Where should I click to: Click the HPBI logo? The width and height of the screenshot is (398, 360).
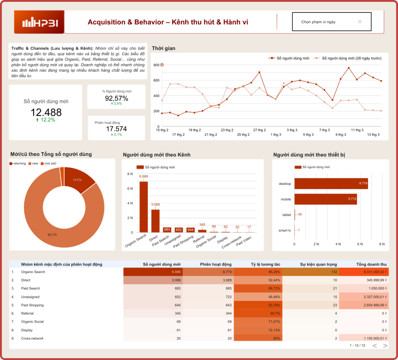(39, 23)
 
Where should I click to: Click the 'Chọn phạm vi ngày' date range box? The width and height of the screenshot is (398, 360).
(332, 22)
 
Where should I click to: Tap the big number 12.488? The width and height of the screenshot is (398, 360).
(46, 113)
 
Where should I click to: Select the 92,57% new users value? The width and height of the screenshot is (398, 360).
(116, 98)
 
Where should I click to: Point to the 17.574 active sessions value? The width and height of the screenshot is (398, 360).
(116, 129)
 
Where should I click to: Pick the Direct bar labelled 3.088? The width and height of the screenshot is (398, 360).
(155, 221)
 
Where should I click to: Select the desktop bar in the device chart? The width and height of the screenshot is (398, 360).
(331, 184)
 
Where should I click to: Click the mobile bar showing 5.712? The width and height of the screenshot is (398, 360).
(325, 199)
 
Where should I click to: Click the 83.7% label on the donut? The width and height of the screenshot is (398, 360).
(52, 235)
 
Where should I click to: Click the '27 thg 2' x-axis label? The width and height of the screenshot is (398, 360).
(260, 130)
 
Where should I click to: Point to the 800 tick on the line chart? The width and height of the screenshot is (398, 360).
(156, 65)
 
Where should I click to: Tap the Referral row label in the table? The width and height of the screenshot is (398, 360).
(28, 313)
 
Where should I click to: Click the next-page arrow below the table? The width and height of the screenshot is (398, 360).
(385, 345)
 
